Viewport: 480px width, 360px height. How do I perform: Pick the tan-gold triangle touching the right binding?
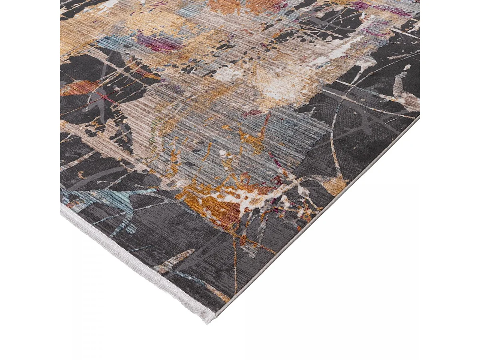pos(335,185)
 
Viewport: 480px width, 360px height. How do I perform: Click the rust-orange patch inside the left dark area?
pos(78,88)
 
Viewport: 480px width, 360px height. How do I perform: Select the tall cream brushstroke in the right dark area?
pos(398,84)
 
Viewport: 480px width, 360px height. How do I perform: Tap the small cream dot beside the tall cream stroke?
pos(406,67)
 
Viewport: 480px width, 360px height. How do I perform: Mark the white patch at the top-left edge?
pos(108,6)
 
